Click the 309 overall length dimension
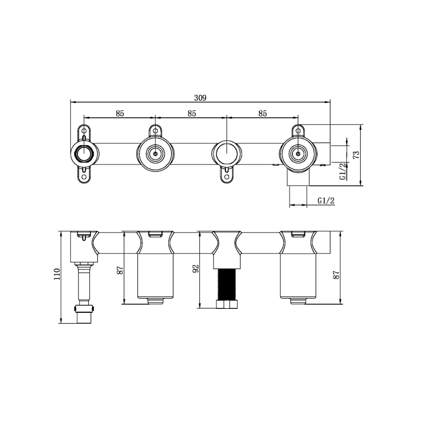pos(200,98)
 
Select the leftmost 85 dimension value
pos(120,113)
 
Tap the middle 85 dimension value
pos(192,113)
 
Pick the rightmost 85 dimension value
pos(262,113)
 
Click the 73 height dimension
pos(356,154)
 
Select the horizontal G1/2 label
pos(326,201)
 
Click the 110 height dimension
pos(57,273)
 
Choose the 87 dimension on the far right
pos(336,275)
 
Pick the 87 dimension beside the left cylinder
pos(120,270)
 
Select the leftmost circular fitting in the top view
pos(84,153)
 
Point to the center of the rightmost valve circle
pos(298,154)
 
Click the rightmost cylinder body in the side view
pos(298,275)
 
